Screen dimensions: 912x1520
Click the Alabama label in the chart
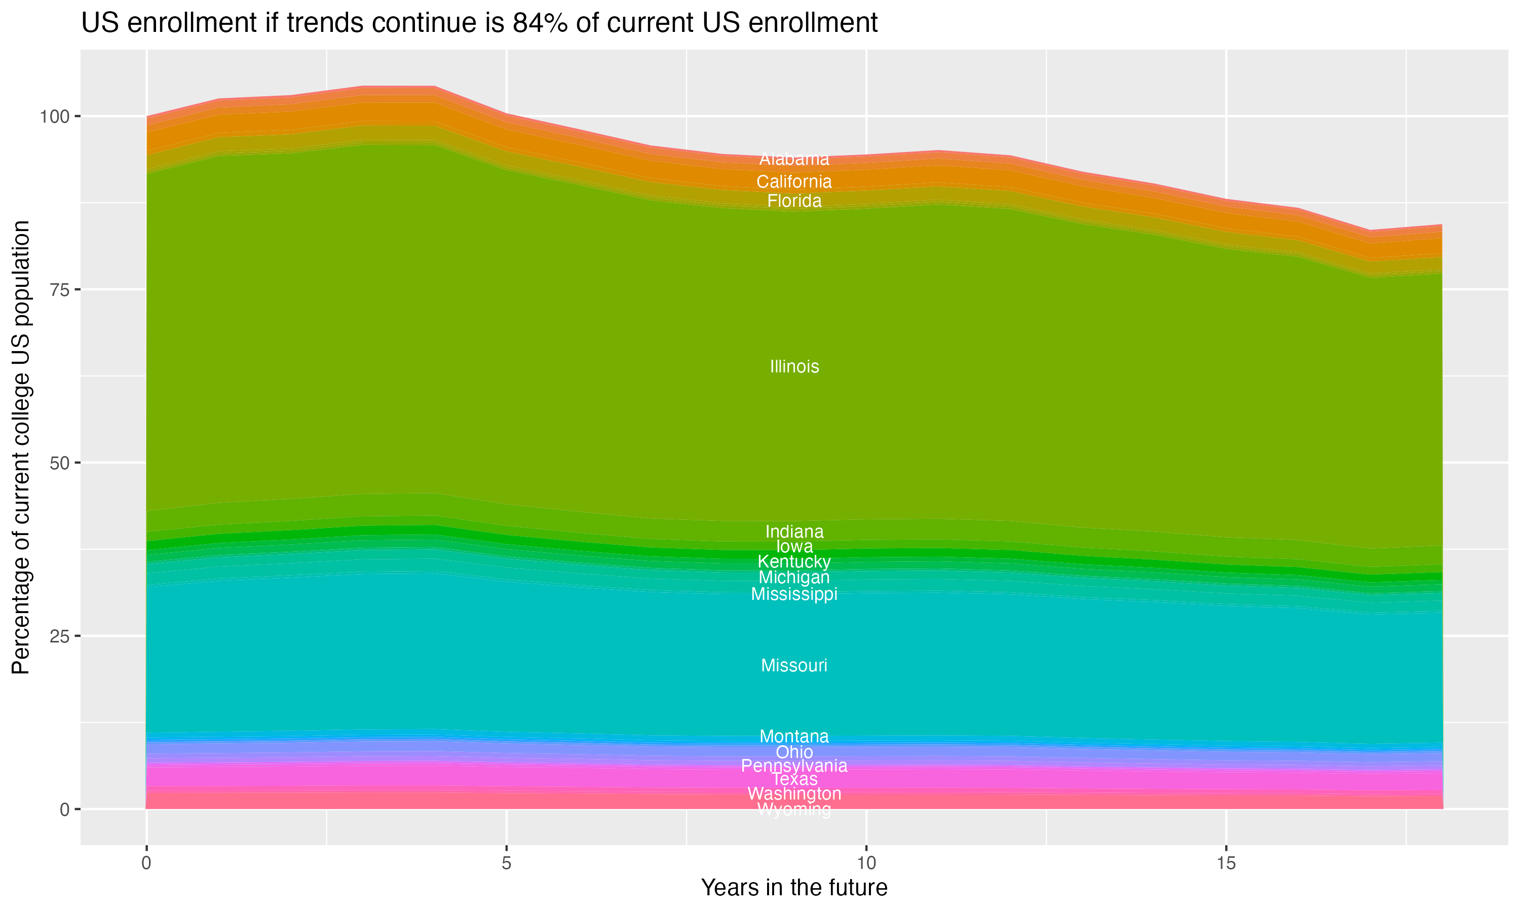pyautogui.click(x=794, y=159)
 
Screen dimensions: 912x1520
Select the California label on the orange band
pyautogui.click(x=794, y=182)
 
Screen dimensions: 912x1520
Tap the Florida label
pyautogui.click(x=794, y=201)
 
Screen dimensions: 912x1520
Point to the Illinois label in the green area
pyautogui.click(x=794, y=367)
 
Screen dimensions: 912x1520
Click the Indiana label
pyautogui.click(x=794, y=531)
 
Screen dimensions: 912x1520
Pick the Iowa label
pyautogui.click(x=794, y=546)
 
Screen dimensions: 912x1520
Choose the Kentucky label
pyautogui.click(x=794, y=562)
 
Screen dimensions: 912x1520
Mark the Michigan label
pyautogui.click(x=794, y=578)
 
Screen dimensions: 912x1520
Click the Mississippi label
pyautogui.click(x=794, y=594)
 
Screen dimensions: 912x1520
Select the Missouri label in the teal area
pyautogui.click(x=794, y=666)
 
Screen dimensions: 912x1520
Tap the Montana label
pyautogui.click(x=794, y=736)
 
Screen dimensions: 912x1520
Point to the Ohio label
pyautogui.click(x=794, y=752)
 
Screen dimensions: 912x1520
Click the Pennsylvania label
pyautogui.click(x=794, y=766)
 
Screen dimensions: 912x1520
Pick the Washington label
pyautogui.click(x=794, y=794)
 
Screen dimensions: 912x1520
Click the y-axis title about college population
pyautogui.click(x=21, y=447)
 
